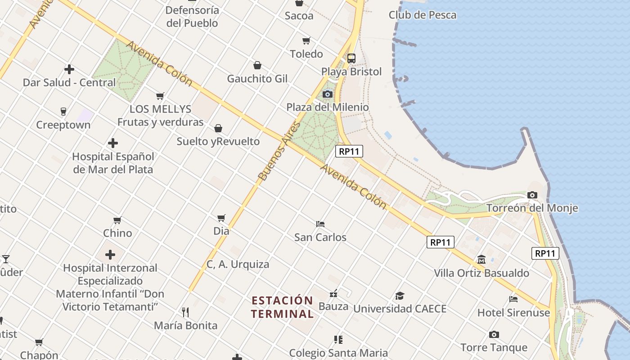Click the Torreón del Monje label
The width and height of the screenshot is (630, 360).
(532, 208)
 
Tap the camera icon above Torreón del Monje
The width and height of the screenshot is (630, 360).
(532, 195)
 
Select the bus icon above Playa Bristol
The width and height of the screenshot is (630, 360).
(351, 58)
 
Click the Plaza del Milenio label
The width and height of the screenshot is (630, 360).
(328, 107)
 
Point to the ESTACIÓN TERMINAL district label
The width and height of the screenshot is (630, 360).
(282, 307)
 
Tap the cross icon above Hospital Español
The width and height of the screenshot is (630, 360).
(113, 144)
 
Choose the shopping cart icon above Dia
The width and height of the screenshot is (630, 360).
(221, 218)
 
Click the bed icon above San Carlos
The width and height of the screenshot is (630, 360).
(320, 224)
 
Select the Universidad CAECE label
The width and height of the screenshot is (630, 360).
(400, 309)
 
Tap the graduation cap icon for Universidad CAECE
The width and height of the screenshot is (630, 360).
(400, 296)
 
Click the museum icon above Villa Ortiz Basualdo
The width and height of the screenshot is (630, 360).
(481, 260)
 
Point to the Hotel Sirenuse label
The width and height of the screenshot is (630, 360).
(513, 312)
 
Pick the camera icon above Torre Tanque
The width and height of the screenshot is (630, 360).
(494, 334)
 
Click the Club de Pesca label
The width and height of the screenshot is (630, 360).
(423, 15)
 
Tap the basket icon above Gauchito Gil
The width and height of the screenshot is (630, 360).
(257, 66)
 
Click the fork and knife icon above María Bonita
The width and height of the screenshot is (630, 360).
(185, 312)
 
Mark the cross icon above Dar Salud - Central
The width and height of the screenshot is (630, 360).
(69, 69)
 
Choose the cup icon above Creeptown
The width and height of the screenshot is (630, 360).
(63, 112)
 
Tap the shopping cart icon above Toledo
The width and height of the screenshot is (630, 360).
(306, 41)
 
